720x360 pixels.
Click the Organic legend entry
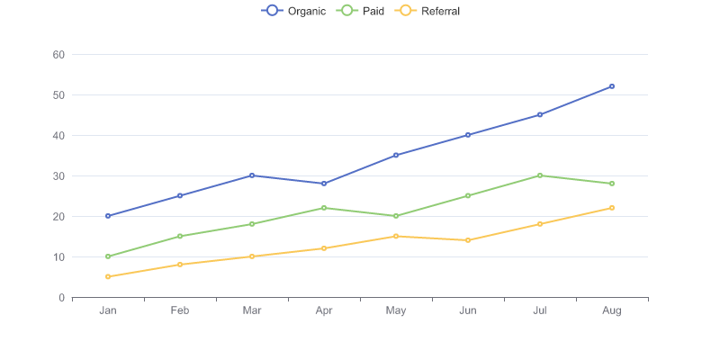[293, 11]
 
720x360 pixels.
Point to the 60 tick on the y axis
[58, 55]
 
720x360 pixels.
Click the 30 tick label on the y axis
[58, 176]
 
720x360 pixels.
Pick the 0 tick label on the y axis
[61, 298]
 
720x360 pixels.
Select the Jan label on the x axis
[108, 310]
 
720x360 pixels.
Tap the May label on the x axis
[396, 310]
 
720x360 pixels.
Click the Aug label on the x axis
[612, 310]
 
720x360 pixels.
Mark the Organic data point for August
[612, 86]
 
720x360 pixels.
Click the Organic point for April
[324, 184]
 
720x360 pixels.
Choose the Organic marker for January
[108, 216]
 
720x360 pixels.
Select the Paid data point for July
[540, 175]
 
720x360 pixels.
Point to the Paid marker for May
[396, 216]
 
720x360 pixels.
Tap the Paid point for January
[108, 256]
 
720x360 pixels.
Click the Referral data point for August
[612, 208]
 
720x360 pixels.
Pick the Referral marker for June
[468, 240]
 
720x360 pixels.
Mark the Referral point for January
[108, 276]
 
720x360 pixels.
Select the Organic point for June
[468, 135]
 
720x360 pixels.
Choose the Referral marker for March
[252, 256]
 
